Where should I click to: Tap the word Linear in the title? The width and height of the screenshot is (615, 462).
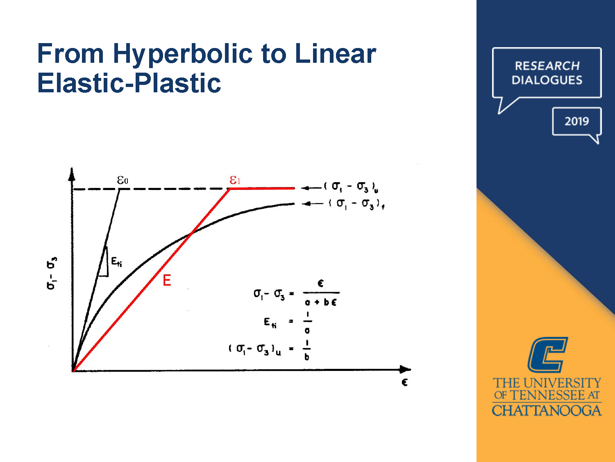tap(335, 54)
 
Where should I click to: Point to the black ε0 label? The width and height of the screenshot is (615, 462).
tap(123, 181)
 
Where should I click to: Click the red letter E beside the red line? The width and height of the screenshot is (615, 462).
tap(167, 281)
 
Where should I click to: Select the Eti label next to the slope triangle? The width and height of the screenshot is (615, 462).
tap(116, 262)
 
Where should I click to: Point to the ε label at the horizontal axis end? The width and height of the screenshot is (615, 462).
tap(404, 382)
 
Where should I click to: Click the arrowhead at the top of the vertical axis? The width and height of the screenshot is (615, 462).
tap(72, 174)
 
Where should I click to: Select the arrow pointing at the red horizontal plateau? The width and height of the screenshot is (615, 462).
tap(311, 188)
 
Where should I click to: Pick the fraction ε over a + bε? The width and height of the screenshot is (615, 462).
tap(321, 293)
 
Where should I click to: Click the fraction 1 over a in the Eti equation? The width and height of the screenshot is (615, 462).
tap(307, 322)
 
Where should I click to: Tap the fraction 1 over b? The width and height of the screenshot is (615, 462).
tap(307, 350)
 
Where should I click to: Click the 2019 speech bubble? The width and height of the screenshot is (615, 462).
tap(576, 121)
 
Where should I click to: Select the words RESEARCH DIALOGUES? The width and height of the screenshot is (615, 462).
tap(547, 73)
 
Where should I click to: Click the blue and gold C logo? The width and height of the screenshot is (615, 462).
tap(547, 355)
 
